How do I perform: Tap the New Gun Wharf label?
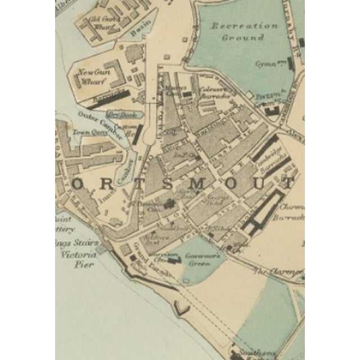click(91, 76)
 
